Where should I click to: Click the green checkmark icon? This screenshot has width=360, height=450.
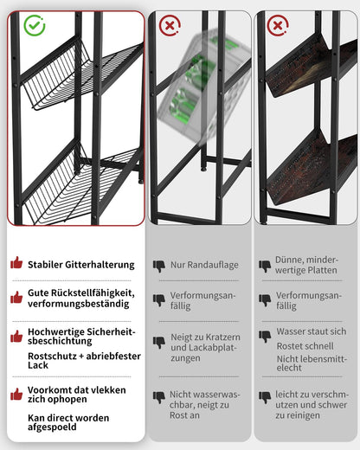pyautogui.click(x=34, y=25)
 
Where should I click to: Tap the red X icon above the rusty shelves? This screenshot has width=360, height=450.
pyautogui.click(x=278, y=25)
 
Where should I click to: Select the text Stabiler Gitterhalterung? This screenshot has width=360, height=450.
pyautogui.click(x=80, y=264)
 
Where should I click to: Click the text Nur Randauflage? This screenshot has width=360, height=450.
pyautogui.click(x=203, y=265)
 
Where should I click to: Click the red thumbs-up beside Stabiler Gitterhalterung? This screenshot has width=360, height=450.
pyautogui.click(x=16, y=263)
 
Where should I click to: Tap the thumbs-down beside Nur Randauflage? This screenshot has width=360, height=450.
pyautogui.click(x=158, y=266)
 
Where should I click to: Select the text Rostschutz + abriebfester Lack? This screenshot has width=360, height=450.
pyautogui.click(x=84, y=361)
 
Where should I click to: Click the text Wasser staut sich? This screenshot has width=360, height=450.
pyautogui.click(x=312, y=331)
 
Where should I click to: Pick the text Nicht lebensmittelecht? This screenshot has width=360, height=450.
pyautogui.click(x=310, y=362)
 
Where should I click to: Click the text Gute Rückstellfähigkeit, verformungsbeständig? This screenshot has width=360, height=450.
pyautogui.click(x=80, y=299)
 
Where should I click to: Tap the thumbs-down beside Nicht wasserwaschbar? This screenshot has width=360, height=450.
pyautogui.click(x=158, y=396)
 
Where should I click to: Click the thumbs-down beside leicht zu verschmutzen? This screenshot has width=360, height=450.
pyautogui.click(x=265, y=396)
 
